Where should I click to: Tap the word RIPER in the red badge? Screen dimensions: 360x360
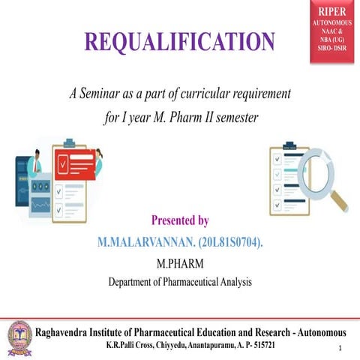click(331, 12)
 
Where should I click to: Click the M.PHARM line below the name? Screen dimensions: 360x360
click(180, 263)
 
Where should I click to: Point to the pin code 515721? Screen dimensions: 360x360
click(268, 346)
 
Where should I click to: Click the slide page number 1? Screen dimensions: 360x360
click(340, 349)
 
